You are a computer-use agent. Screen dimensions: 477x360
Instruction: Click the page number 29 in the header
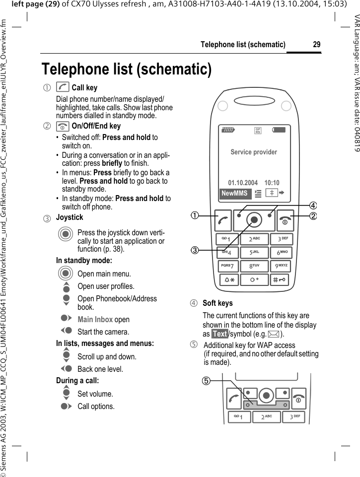(316, 45)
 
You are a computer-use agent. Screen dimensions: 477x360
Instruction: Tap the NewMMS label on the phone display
(234, 194)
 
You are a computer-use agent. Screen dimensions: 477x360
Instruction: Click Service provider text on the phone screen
(254, 152)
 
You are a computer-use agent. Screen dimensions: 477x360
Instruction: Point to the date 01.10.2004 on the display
(243, 183)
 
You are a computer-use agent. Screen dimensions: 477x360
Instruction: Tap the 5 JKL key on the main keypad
(254, 253)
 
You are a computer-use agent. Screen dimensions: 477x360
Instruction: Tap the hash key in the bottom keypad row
(281, 279)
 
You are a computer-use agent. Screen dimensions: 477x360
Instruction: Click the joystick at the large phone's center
(254, 219)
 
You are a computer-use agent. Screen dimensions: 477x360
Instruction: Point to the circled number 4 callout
(313, 205)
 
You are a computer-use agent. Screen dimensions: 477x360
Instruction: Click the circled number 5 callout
(205, 381)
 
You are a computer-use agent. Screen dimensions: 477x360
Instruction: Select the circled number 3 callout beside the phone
(197, 250)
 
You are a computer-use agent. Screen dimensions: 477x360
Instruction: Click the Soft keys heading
(217, 303)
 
